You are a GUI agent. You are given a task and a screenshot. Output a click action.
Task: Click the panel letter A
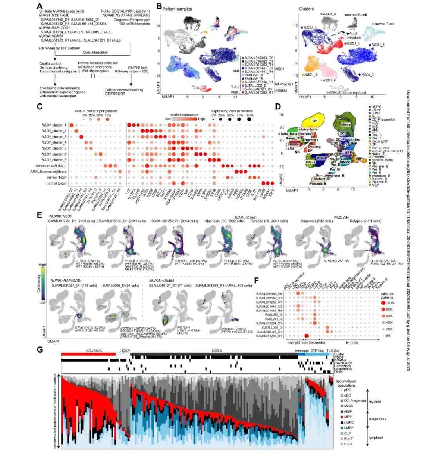click(x=39, y=6)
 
